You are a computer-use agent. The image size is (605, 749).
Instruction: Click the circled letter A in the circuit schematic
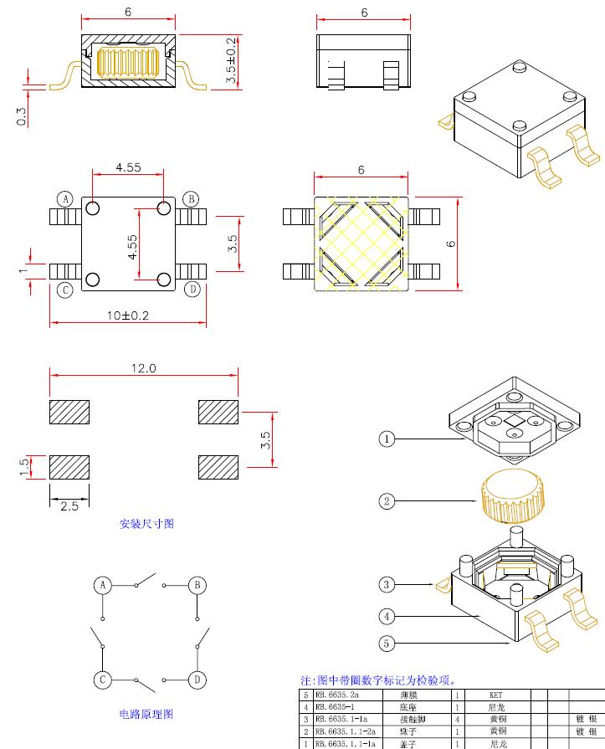102,584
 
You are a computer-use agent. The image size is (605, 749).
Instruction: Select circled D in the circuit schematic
197,679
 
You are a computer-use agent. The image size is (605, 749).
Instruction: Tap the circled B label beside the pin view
191,198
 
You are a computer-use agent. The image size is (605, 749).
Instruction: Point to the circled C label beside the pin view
65,290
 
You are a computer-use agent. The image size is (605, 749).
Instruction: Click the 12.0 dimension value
143,368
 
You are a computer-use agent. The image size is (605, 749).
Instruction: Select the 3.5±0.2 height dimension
231,61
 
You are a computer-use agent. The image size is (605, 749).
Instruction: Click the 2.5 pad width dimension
69,505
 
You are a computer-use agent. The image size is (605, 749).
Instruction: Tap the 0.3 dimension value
21,115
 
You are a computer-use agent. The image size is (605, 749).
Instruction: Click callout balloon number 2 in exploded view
386,501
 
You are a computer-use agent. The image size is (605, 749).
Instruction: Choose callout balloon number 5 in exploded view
386,644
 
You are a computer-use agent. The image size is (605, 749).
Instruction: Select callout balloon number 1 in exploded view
386,439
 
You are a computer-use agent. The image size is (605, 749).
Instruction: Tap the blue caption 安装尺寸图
147,524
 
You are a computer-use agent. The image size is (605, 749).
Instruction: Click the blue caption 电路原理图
146,714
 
